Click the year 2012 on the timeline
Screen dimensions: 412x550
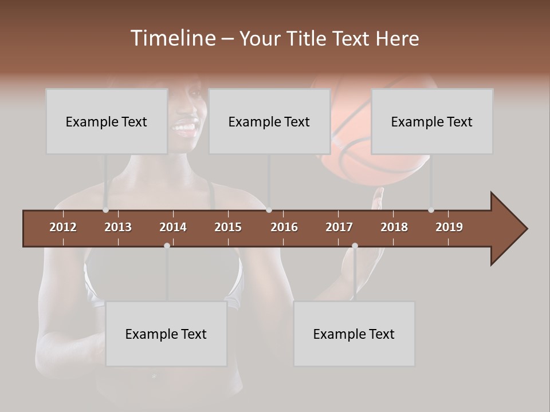coord(63,227)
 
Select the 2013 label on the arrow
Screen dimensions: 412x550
coord(118,227)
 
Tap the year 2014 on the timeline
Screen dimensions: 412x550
coord(173,227)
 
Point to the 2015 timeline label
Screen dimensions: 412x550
coord(228,227)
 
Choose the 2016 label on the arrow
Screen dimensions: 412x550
coord(284,227)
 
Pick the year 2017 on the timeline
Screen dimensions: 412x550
coord(339,227)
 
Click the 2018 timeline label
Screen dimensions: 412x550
coord(394,227)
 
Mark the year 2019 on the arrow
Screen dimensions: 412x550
coord(449,227)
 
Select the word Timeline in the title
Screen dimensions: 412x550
coord(172,38)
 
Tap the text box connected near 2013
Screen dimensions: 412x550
coord(107,121)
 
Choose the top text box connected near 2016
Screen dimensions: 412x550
coord(269,121)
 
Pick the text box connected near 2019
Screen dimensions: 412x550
coord(432,121)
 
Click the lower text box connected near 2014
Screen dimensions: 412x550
coord(166,334)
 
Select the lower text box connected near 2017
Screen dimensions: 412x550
coord(354,334)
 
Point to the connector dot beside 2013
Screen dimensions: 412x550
coord(105,210)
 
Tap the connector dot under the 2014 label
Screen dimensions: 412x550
coord(167,245)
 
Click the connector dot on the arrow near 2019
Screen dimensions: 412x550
coord(431,210)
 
